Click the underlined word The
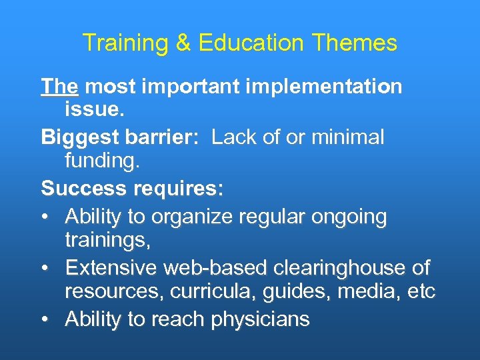click(x=60, y=87)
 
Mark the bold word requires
click(x=179, y=189)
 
